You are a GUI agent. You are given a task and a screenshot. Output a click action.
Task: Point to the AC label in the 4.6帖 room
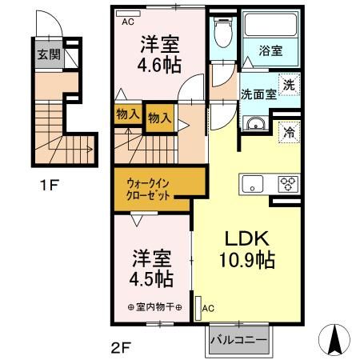128,22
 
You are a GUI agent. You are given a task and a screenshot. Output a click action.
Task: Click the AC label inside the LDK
208,307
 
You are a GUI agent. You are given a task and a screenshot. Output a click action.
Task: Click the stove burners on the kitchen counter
286,184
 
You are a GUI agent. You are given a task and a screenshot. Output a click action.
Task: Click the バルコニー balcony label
239,339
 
